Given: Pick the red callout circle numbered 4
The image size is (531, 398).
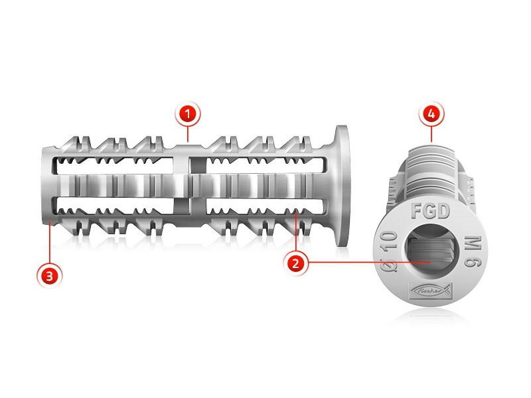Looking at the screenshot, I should (431, 114).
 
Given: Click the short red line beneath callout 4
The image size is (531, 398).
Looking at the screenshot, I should (431, 133).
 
